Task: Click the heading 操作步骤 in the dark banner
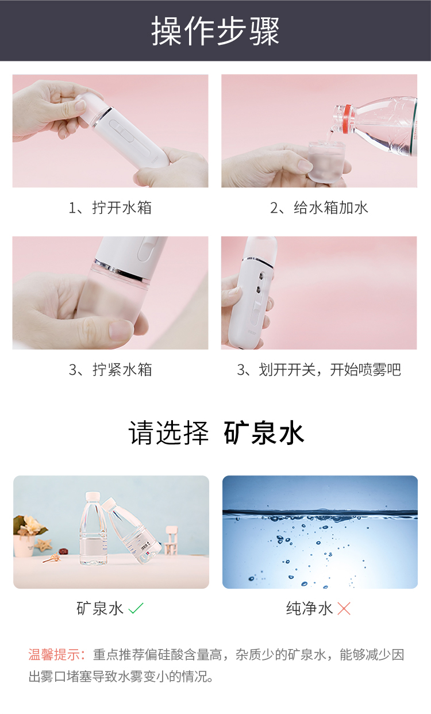[215, 31]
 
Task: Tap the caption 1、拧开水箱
[110, 208]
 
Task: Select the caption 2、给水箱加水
[319, 208]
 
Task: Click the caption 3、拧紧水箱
[110, 370]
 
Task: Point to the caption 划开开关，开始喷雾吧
[330, 370]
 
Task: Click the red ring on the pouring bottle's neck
[348, 118]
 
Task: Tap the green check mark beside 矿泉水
[136, 608]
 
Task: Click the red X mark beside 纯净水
[344, 608]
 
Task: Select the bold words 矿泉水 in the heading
[264, 432]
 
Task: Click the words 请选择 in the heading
[168, 432]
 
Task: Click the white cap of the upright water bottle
[93, 497]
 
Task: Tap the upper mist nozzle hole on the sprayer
[262, 275]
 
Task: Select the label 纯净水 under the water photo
[309, 608]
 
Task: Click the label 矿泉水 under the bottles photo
[100, 608]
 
